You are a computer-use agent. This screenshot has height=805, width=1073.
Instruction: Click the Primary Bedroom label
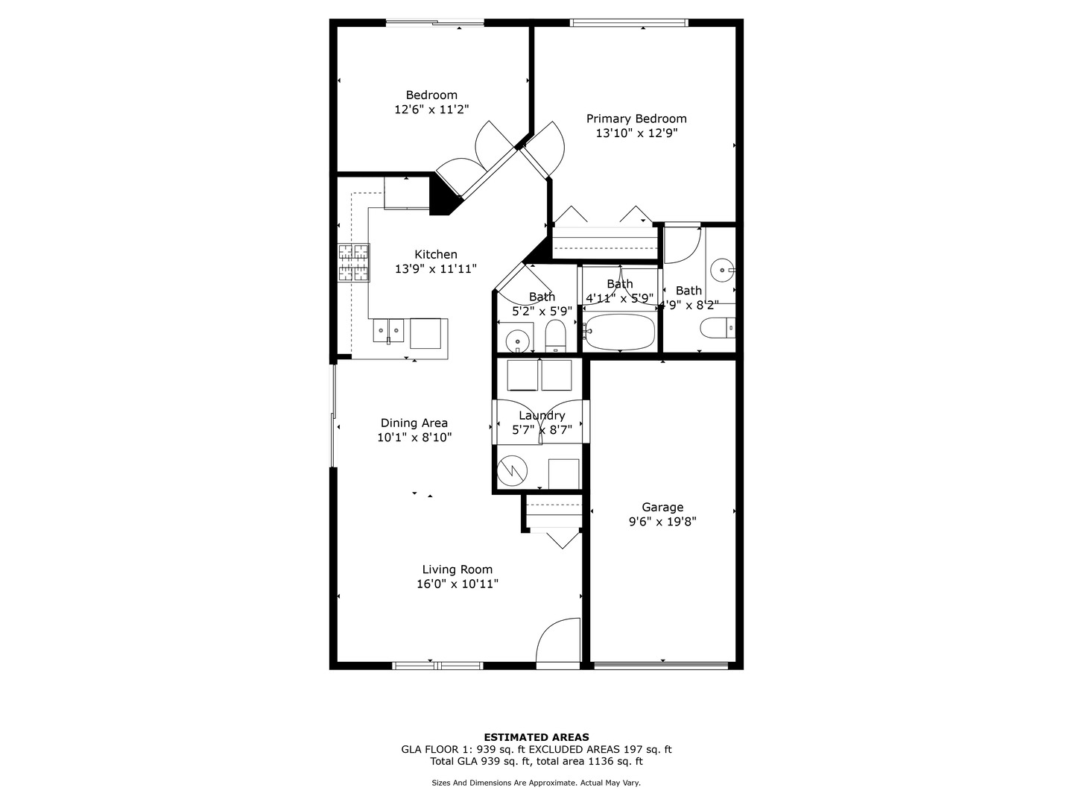636,119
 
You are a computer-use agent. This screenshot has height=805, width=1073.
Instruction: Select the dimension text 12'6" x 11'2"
431,110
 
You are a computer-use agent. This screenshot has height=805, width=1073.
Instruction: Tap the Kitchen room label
436,254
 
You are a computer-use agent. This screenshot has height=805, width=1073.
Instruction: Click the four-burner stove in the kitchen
354,263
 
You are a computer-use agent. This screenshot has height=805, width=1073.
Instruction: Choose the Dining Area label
414,423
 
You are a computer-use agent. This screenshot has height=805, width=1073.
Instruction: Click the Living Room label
457,569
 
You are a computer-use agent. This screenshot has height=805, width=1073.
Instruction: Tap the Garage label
662,508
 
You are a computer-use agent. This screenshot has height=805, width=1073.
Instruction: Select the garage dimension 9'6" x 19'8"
662,522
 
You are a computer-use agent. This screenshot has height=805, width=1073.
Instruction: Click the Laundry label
542,415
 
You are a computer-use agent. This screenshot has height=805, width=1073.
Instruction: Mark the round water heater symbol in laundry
513,470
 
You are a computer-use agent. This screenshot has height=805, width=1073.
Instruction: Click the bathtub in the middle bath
620,332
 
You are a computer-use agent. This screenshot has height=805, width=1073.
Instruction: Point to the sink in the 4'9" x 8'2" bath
721,268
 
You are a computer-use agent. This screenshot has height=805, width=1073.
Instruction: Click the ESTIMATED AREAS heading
536,737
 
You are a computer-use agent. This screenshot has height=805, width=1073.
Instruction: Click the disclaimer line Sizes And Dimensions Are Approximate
536,783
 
